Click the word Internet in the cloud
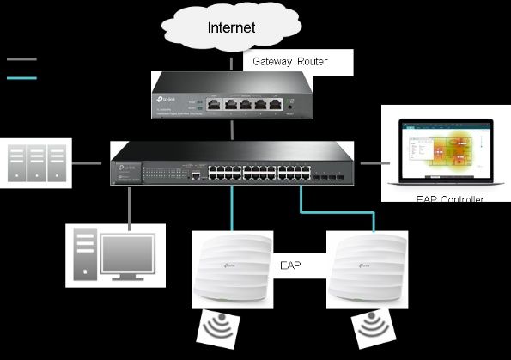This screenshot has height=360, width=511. (231, 27)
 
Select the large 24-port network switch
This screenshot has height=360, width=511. (231, 163)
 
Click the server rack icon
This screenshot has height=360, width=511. (36, 162)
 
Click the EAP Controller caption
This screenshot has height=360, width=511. (449, 199)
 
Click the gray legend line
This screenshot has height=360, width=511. (21, 60)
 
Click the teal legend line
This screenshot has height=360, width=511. (21, 77)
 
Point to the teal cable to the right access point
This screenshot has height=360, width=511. (338, 211)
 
